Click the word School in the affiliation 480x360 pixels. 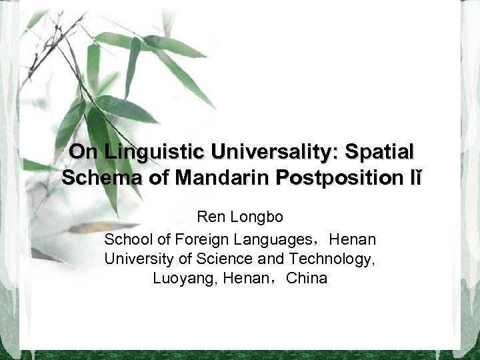coord(125,238)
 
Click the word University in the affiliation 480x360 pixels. coord(135,258)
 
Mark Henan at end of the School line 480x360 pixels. coord(353,238)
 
